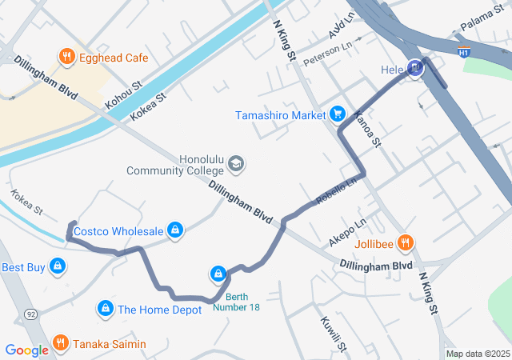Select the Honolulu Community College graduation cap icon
236,164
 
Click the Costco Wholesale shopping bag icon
176,231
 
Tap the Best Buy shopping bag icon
57,266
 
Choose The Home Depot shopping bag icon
105,309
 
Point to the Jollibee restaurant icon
406,242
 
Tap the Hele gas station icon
414,70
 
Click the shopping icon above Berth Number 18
218,274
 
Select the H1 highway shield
463,52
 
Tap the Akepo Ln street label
346,232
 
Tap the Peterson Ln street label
327,54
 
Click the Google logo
26,350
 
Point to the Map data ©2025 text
477,354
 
